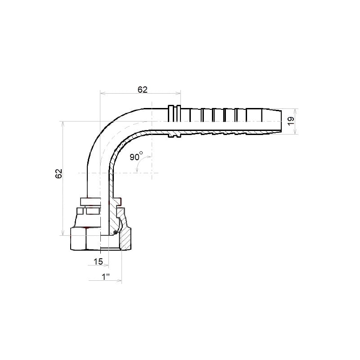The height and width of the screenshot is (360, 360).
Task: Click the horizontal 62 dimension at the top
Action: pos(142,90)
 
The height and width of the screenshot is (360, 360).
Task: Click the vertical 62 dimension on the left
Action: pos(59,174)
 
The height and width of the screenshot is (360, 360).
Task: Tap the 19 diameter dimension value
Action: pos(291,121)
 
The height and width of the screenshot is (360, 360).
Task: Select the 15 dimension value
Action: pos(98,261)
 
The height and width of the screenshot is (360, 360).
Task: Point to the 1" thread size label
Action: pos(105,277)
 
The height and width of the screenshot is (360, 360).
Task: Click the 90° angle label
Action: pos(136,157)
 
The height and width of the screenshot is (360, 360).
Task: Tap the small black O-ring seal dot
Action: pos(116,233)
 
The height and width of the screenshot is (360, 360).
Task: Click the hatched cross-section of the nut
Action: pos(126,239)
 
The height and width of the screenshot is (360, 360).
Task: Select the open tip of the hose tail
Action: pos(281,121)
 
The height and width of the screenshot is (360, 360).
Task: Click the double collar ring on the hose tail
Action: pos(174,114)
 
